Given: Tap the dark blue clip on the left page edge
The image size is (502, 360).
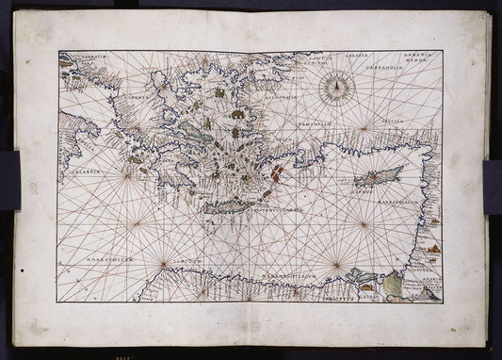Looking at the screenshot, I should click(x=9, y=179).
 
